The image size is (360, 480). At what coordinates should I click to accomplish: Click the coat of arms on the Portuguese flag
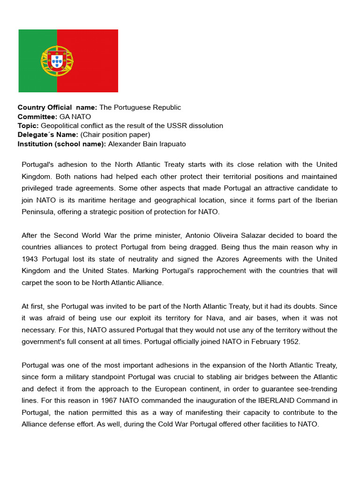57,61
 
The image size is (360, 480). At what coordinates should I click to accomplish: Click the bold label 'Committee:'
37,117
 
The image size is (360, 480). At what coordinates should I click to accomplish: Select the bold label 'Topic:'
28,126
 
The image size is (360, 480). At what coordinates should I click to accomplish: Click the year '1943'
30,259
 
